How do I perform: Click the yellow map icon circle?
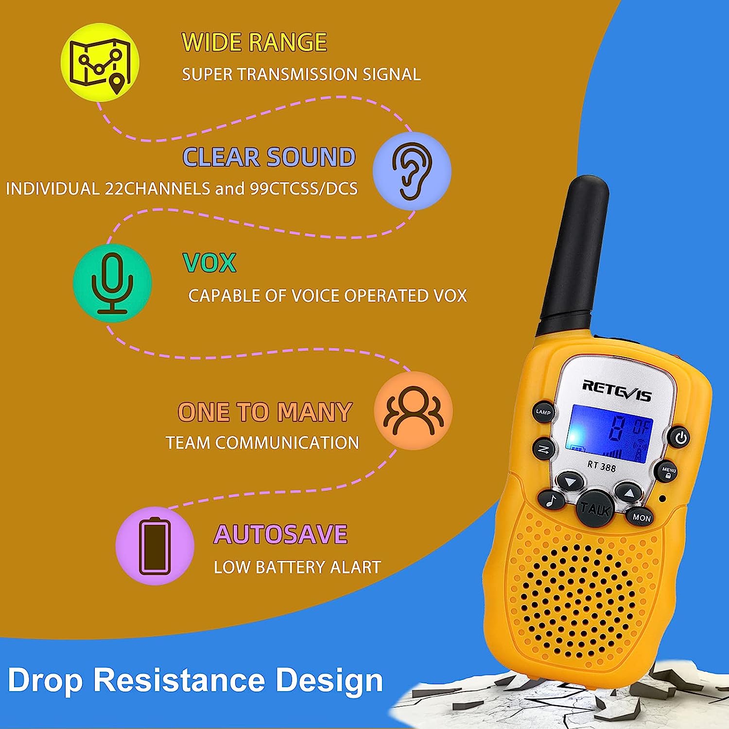100,62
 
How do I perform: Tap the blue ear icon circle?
412,171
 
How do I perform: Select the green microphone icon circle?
112,283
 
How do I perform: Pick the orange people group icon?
413,411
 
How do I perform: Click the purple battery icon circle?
155,545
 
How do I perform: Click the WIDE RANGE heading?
254,42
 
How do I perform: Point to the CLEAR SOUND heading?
269,157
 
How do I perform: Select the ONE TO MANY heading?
265,412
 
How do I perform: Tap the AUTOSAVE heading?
280,535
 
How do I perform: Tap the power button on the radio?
681,437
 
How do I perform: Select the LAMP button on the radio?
543,412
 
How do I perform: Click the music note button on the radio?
551,500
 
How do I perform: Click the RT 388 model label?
602,466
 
